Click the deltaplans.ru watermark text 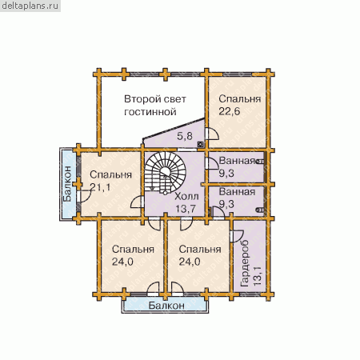[x=30, y=6]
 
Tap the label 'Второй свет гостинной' [x=155, y=106]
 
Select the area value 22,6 [x=230, y=111]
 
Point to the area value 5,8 [x=185, y=136]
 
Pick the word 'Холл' [x=186, y=197]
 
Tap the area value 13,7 [x=186, y=209]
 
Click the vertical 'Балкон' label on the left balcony [x=67, y=184]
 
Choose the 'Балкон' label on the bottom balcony [x=166, y=306]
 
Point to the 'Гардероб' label [x=245, y=263]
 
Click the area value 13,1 [x=258, y=276]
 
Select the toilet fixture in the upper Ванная [x=260, y=162]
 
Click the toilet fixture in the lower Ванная [x=260, y=210]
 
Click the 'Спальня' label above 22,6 [x=240, y=99]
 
